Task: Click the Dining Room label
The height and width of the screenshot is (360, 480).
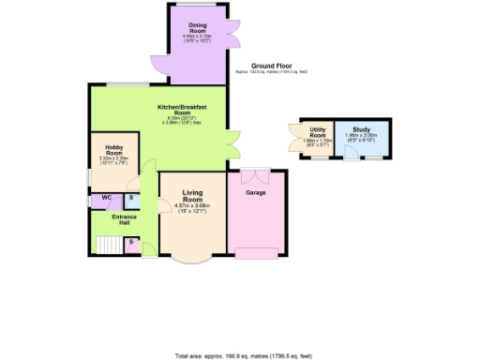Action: [x=197, y=28]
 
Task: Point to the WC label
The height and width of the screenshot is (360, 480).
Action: [x=106, y=198]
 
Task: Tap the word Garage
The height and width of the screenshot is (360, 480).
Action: [x=253, y=192]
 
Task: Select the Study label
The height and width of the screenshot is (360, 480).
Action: [x=360, y=132]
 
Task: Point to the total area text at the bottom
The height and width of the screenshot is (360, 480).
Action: [x=243, y=355]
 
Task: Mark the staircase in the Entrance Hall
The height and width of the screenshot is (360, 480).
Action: [x=107, y=245]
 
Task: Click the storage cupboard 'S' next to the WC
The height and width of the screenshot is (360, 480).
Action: [x=131, y=199]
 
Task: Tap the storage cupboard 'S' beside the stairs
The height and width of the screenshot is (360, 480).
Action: [x=131, y=244]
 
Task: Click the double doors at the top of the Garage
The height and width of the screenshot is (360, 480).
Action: [x=254, y=174]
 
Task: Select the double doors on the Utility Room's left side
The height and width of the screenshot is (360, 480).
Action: [x=294, y=141]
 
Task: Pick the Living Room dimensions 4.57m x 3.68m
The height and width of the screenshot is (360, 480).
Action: [x=192, y=206]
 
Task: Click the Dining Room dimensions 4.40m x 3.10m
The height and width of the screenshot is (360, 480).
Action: [x=197, y=37]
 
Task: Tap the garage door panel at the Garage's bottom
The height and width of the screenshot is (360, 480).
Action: [x=254, y=252]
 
